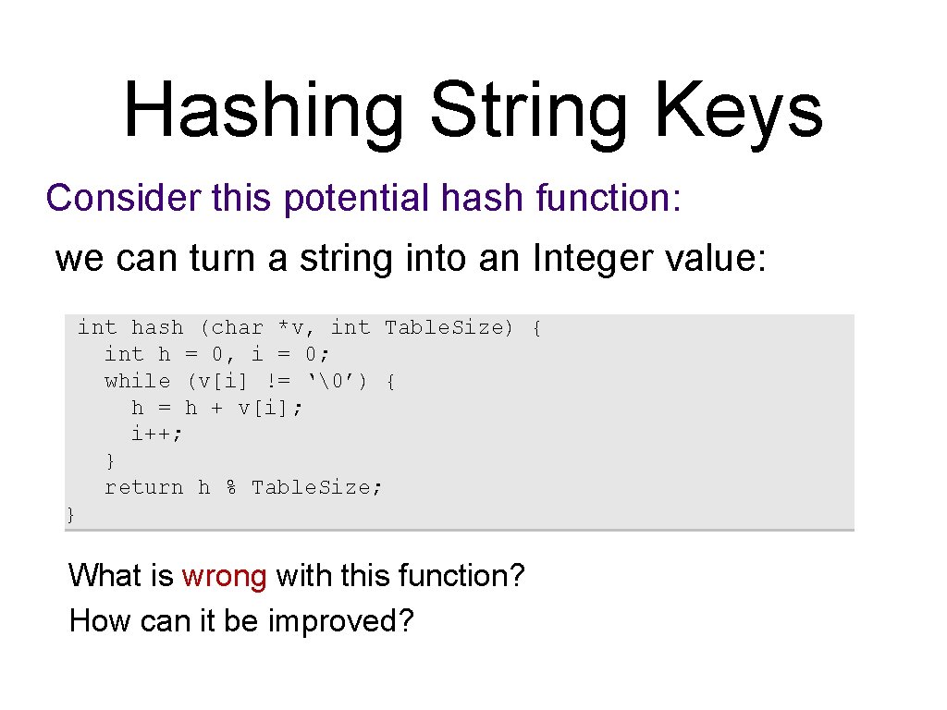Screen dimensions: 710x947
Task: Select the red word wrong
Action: (x=225, y=576)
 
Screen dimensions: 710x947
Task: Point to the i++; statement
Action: (x=157, y=434)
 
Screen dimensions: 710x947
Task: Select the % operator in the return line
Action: (x=231, y=487)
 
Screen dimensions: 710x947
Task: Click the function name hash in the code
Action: (x=157, y=327)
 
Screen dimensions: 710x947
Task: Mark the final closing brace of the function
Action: (x=71, y=514)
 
